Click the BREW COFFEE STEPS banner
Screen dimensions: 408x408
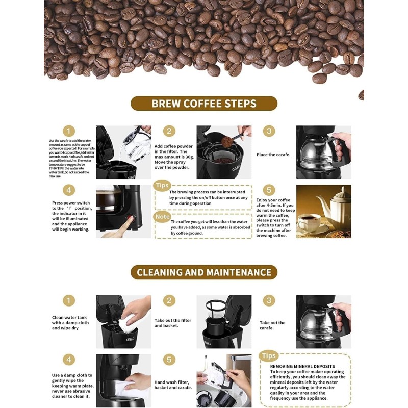(x=204, y=104)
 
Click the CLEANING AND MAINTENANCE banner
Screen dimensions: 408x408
(x=204, y=272)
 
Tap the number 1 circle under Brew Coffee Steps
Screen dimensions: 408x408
(x=69, y=131)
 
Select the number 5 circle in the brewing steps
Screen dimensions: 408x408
(x=270, y=190)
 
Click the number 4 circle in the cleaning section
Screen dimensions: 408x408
(x=69, y=360)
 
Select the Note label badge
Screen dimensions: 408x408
(x=162, y=217)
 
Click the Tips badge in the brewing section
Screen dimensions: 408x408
(x=162, y=185)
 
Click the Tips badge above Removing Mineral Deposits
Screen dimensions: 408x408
(x=268, y=356)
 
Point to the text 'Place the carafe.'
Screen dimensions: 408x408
(x=273, y=155)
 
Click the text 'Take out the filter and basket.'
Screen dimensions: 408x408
(x=173, y=323)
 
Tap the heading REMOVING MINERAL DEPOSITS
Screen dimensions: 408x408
(x=302, y=366)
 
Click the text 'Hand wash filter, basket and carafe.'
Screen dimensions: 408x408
(x=173, y=385)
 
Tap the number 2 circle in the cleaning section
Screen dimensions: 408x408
(x=170, y=301)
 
